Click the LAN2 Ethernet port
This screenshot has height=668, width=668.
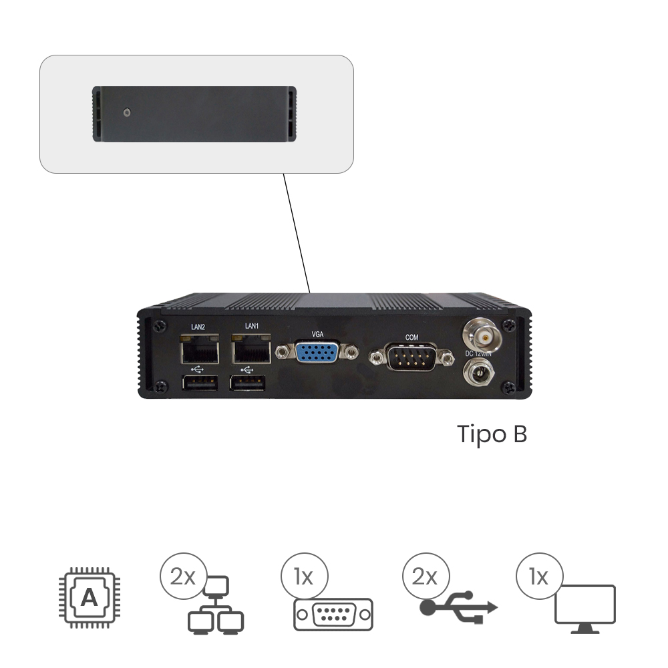tap(198, 351)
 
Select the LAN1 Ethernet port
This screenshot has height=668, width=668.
tap(251, 351)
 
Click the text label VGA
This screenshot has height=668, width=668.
tap(318, 333)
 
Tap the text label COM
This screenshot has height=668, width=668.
tap(412, 337)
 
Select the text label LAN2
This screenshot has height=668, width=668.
tap(198, 327)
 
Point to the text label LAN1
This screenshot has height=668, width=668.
tap(251, 326)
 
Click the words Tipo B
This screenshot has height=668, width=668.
tap(492, 434)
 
